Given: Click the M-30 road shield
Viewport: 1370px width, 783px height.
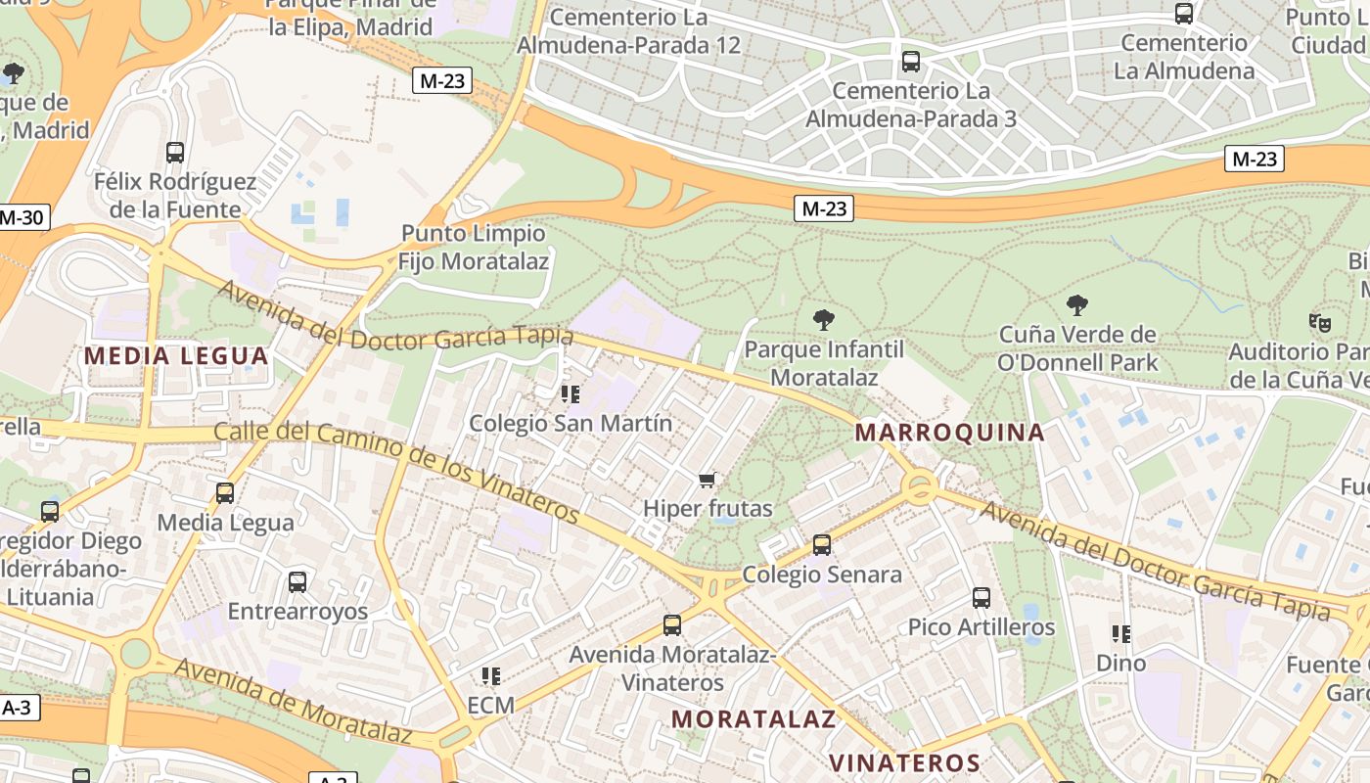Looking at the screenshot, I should (x=21, y=217).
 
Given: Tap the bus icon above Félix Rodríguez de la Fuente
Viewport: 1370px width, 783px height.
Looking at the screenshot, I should (x=175, y=153).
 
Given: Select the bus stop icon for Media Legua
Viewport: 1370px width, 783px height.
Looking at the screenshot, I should (x=225, y=492).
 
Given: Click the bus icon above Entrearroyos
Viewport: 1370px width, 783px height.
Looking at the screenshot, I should (x=297, y=581).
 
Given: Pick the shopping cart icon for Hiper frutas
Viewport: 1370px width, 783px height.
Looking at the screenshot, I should (x=708, y=480).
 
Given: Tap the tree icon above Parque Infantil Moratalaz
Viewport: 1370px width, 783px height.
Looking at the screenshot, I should (x=824, y=319).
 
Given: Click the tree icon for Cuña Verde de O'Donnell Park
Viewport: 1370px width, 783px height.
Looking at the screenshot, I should (x=1077, y=305).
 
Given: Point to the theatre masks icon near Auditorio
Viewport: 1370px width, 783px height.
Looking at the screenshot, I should (x=1320, y=322).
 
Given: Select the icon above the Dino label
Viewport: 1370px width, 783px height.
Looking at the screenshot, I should (x=1120, y=633).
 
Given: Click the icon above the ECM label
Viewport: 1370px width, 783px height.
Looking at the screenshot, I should (x=491, y=675).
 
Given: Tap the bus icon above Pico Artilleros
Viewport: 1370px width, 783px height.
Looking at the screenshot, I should (x=982, y=597).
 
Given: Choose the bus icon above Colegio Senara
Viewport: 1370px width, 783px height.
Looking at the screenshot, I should (x=822, y=544).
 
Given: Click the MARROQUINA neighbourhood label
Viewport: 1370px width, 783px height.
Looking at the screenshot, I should (x=949, y=433).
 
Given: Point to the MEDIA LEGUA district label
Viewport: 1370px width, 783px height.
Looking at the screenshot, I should (x=176, y=355).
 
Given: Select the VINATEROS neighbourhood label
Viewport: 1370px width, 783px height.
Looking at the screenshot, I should (x=904, y=762).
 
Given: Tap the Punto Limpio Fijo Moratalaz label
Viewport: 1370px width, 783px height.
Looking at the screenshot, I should (x=474, y=248).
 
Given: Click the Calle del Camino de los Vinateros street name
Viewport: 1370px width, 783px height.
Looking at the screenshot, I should (x=397, y=471).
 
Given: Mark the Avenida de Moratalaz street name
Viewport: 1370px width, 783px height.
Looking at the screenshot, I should (x=294, y=700).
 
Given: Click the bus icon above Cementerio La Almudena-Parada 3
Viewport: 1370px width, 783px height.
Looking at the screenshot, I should (x=911, y=62).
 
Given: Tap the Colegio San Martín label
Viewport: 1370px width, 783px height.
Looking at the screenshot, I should (x=571, y=423).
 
